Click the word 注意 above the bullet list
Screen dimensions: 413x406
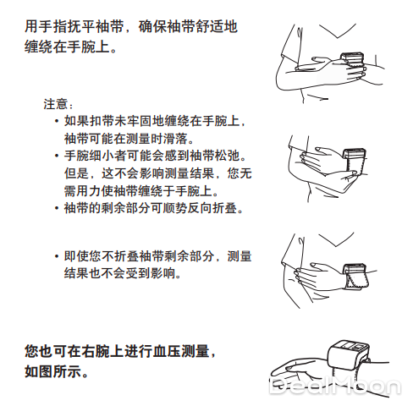point(55,104)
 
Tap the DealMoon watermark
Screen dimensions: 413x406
point(335,387)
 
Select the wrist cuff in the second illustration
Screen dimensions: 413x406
point(355,162)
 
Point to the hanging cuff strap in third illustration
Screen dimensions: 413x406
point(358,279)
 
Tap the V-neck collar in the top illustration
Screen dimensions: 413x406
point(337,30)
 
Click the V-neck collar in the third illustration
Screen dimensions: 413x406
point(336,239)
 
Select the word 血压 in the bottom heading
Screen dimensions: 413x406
point(167,352)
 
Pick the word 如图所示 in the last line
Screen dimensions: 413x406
point(52,371)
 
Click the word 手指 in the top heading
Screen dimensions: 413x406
point(52,27)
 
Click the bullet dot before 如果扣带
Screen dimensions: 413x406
point(57,122)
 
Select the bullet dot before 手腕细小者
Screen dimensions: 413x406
point(57,156)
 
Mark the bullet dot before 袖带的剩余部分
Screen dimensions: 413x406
point(57,209)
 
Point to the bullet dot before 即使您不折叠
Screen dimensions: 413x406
point(57,256)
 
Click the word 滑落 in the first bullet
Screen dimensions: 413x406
point(175,139)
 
